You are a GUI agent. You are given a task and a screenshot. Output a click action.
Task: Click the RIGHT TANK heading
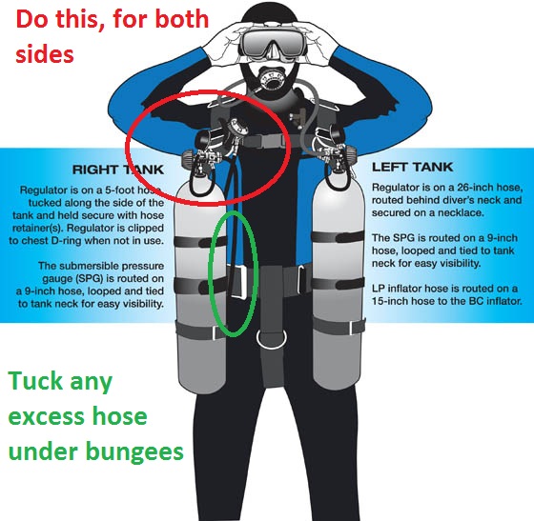point(118,170)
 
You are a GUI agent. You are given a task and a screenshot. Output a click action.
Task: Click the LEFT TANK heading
point(412,167)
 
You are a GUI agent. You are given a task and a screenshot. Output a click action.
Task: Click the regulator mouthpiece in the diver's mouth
point(271,79)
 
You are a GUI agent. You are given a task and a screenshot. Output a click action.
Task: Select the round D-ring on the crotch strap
point(272,339)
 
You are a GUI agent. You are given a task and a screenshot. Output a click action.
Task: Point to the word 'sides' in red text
point(45,53)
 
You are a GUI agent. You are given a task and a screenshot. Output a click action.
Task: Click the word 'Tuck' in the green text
point(35,381)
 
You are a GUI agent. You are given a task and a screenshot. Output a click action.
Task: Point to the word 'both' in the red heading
point(182,19)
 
